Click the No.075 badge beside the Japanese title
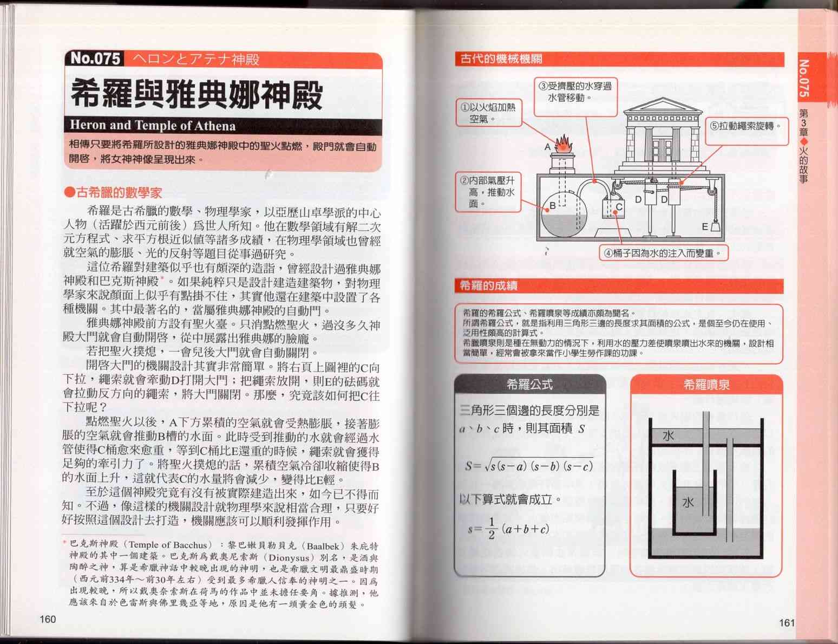95,58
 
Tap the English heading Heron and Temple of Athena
153,126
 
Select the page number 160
48,619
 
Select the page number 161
787,623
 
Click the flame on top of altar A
564,144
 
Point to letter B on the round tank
552,206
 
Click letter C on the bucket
619,207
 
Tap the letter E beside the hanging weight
705,226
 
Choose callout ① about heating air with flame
489,113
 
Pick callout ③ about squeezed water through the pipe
575,97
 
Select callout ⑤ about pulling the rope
747,131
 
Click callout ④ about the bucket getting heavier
663,253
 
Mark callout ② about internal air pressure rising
488,192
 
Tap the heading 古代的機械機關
501,59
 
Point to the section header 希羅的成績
489,285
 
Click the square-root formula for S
529,466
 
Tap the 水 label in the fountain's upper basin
669,436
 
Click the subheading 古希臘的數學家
113,192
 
